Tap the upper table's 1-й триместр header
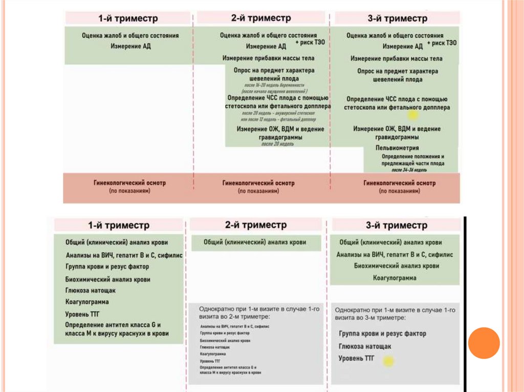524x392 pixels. click(128, 18)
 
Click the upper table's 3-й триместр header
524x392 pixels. click(397, 18)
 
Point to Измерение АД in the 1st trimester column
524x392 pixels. click(130, 46)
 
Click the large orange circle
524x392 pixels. click(484, 343)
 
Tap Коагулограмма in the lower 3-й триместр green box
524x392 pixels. click(394, 278)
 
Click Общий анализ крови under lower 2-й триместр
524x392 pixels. click(255, 242)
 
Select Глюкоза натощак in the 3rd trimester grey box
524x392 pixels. click(365, 347)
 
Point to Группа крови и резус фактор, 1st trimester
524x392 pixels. click(107, 267)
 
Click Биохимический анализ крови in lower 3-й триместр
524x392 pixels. click(396, 266)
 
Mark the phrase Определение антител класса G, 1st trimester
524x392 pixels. click(113, 325)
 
